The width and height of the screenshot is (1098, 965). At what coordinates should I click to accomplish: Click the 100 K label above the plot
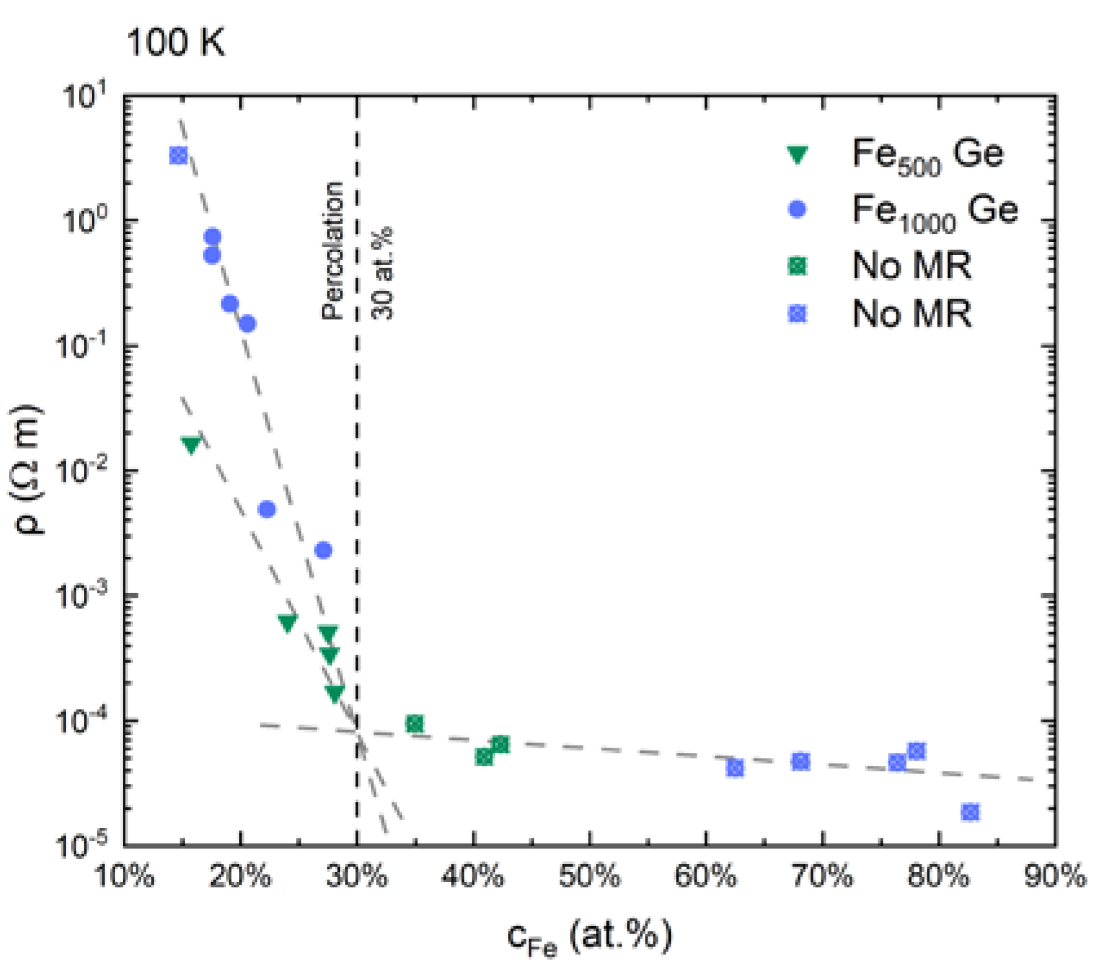click(x=175, y=43)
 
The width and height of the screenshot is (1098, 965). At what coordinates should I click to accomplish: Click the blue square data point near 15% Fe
click(x=178, y=155)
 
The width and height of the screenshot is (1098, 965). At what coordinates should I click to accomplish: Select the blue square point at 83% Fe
click(x=969, y=812)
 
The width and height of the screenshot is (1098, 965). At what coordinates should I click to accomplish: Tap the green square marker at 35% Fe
click(x=415, y=724)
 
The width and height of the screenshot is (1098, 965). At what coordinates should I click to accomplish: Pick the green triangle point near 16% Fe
click(x=191, y=444)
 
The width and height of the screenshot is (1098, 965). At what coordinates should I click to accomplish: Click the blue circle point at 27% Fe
click(x=323, y=550)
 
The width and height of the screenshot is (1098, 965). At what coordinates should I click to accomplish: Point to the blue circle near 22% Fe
click(x=267, y=509)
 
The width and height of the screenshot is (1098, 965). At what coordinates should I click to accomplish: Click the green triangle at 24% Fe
click(x=288, y=622)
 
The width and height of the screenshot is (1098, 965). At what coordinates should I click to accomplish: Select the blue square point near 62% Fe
click(x=734, y=768)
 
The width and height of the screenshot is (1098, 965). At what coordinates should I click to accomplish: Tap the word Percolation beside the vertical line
click(x=333, y=250)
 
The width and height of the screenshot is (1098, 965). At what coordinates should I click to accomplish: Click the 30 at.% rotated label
click(x=383, y=272)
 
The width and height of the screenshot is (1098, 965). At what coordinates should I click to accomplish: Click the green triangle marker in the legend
click(x=798, y=155)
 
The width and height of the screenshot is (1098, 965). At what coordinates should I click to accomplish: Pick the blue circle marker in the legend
click(x=798, y=210)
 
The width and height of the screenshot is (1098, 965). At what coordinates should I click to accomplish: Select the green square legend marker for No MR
click(x=798, y=265)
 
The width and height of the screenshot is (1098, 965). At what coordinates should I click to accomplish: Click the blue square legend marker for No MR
click(x=798, y=314)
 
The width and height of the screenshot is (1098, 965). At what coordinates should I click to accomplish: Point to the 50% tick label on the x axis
click(x=589, y=877)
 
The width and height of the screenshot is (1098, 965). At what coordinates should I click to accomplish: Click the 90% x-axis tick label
click(x=1055, y=877)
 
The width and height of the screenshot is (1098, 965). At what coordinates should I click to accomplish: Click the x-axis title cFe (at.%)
click(x=589, y=936)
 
